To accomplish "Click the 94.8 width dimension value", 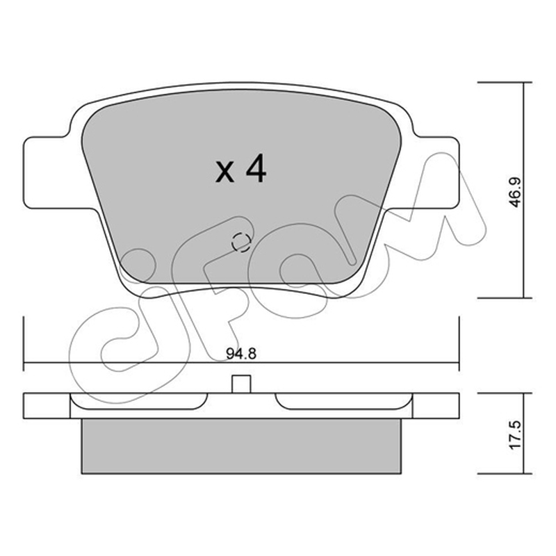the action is tap(240, 354).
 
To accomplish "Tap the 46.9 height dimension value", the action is tap(515, 193).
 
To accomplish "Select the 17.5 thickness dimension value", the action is tap(515, 436).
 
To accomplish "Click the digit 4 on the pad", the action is tap(256, 168).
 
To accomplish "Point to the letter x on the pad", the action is tap(224, 172).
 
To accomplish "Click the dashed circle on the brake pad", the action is tap(241, 243).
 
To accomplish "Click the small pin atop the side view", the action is tap(241, 384).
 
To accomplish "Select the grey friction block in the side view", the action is tap(241, 445).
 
